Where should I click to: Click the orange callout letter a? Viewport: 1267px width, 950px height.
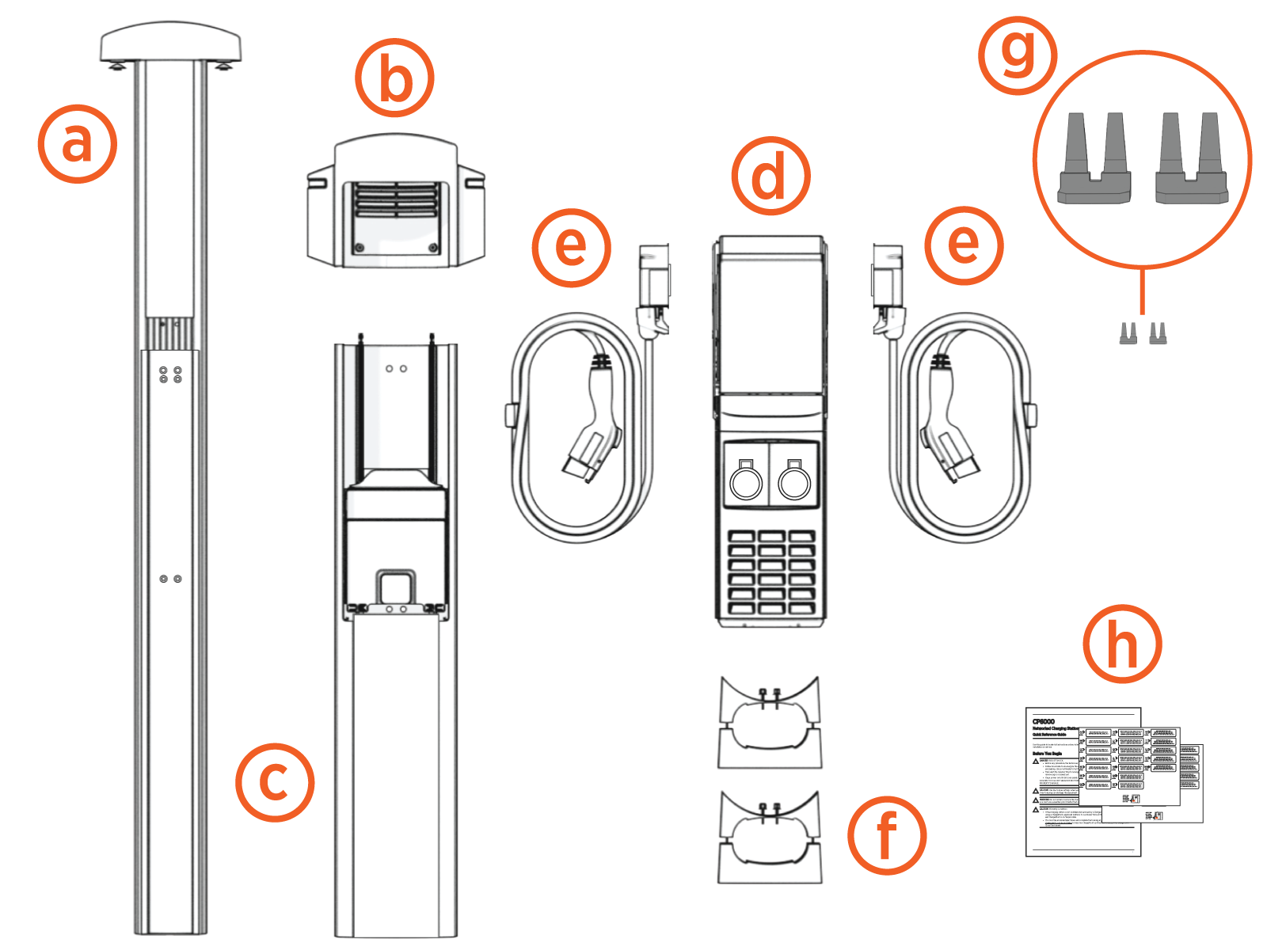pyautogui.click(x=78, y=144)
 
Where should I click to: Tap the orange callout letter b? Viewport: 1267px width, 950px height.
pyautogui.click(x=394, y=78)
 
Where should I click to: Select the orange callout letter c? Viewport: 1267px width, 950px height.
pyautogui.click(x=275, y=782)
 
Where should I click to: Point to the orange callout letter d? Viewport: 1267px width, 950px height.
pyautogui.click(x=770, y=176)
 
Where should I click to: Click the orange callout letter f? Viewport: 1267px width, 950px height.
pyautogui.click(x=887, y=835)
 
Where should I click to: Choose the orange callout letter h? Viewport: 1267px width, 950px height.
pyautogui.click(x=1122, y=644)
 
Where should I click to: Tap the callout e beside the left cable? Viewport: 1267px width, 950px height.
pyautogui.click(x=572, y=247)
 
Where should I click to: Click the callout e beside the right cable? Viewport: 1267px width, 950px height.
pyautogui.click(x=964, y=245)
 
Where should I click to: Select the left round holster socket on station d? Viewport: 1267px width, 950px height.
pyautogui.click(x=746, y=482)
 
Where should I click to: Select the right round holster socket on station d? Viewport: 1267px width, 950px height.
pyautogui.click(x=794, y=482)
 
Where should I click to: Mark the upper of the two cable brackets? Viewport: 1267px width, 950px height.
pyautogui.click(x=770, y=722)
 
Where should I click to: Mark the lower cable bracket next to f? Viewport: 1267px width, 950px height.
pyautogui.click(x=770, y=838)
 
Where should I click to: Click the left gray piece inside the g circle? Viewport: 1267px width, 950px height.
pyautogui.click(x=1095, y=162)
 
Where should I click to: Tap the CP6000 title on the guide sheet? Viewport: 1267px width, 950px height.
pyautogui.click(x=1044, y=721)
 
